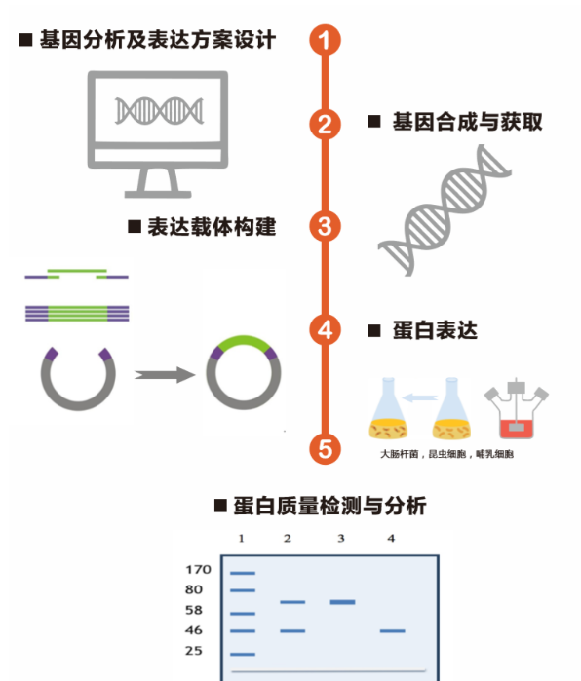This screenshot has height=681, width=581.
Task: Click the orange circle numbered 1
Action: click(x=325, y=40)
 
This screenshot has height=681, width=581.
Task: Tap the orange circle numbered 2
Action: click(x=325, y=124)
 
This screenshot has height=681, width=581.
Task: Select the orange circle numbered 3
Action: click(x=325, y=226)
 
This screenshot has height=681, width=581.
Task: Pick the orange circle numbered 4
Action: click(x=325, y=329)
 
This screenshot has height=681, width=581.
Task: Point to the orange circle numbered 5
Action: click(x=325, y=449)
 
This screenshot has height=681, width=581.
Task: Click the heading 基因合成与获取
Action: click(x=467, y=122)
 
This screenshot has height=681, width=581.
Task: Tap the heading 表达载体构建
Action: click(x=212, y=227)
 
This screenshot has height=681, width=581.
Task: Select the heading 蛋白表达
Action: click(x=435, y=330)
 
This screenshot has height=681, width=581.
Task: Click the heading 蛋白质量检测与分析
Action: click(x=329, y=506)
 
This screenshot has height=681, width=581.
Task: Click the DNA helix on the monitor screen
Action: click(x=159, y=111)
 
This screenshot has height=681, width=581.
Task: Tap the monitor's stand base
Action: click(x=158, y=194)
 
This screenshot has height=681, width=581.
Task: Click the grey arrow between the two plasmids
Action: click(x=165, y=374)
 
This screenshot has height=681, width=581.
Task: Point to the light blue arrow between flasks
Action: click(x=419, y=397)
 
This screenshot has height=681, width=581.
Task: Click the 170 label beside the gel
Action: click(x=198, y=569)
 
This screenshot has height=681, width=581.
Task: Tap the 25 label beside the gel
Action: click(x=194, y=651)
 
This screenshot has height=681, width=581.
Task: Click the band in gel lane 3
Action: click(x=342, y=602)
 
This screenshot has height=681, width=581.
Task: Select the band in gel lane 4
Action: click(x=393, y=630)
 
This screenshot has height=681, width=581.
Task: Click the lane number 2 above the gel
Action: click(x=288, y=539)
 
